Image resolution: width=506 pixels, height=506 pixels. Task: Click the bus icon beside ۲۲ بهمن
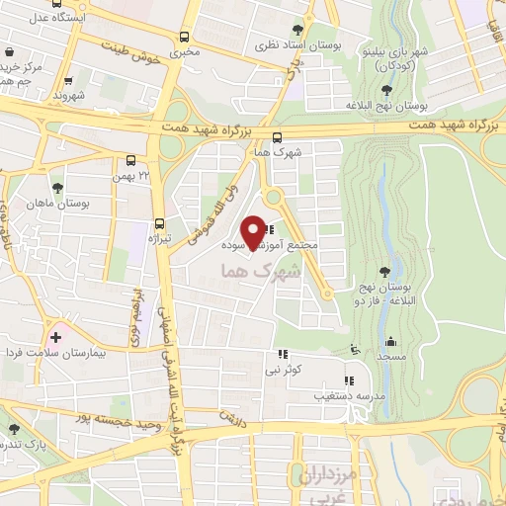[x=130, y=160]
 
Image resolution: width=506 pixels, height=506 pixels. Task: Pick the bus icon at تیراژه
[x=159, y=224]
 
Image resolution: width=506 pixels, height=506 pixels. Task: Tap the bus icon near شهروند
[x=68, y=82]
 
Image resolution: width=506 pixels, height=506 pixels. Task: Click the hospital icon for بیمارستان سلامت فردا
[x=55, y=337]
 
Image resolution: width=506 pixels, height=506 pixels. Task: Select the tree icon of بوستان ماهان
[x=60, y=187]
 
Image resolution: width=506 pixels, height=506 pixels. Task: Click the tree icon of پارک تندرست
[x=15, y=429]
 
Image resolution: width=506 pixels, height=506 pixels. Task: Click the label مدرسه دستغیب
[x=342, y=395]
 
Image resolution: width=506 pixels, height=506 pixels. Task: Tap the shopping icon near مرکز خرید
[x=9, y=52]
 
